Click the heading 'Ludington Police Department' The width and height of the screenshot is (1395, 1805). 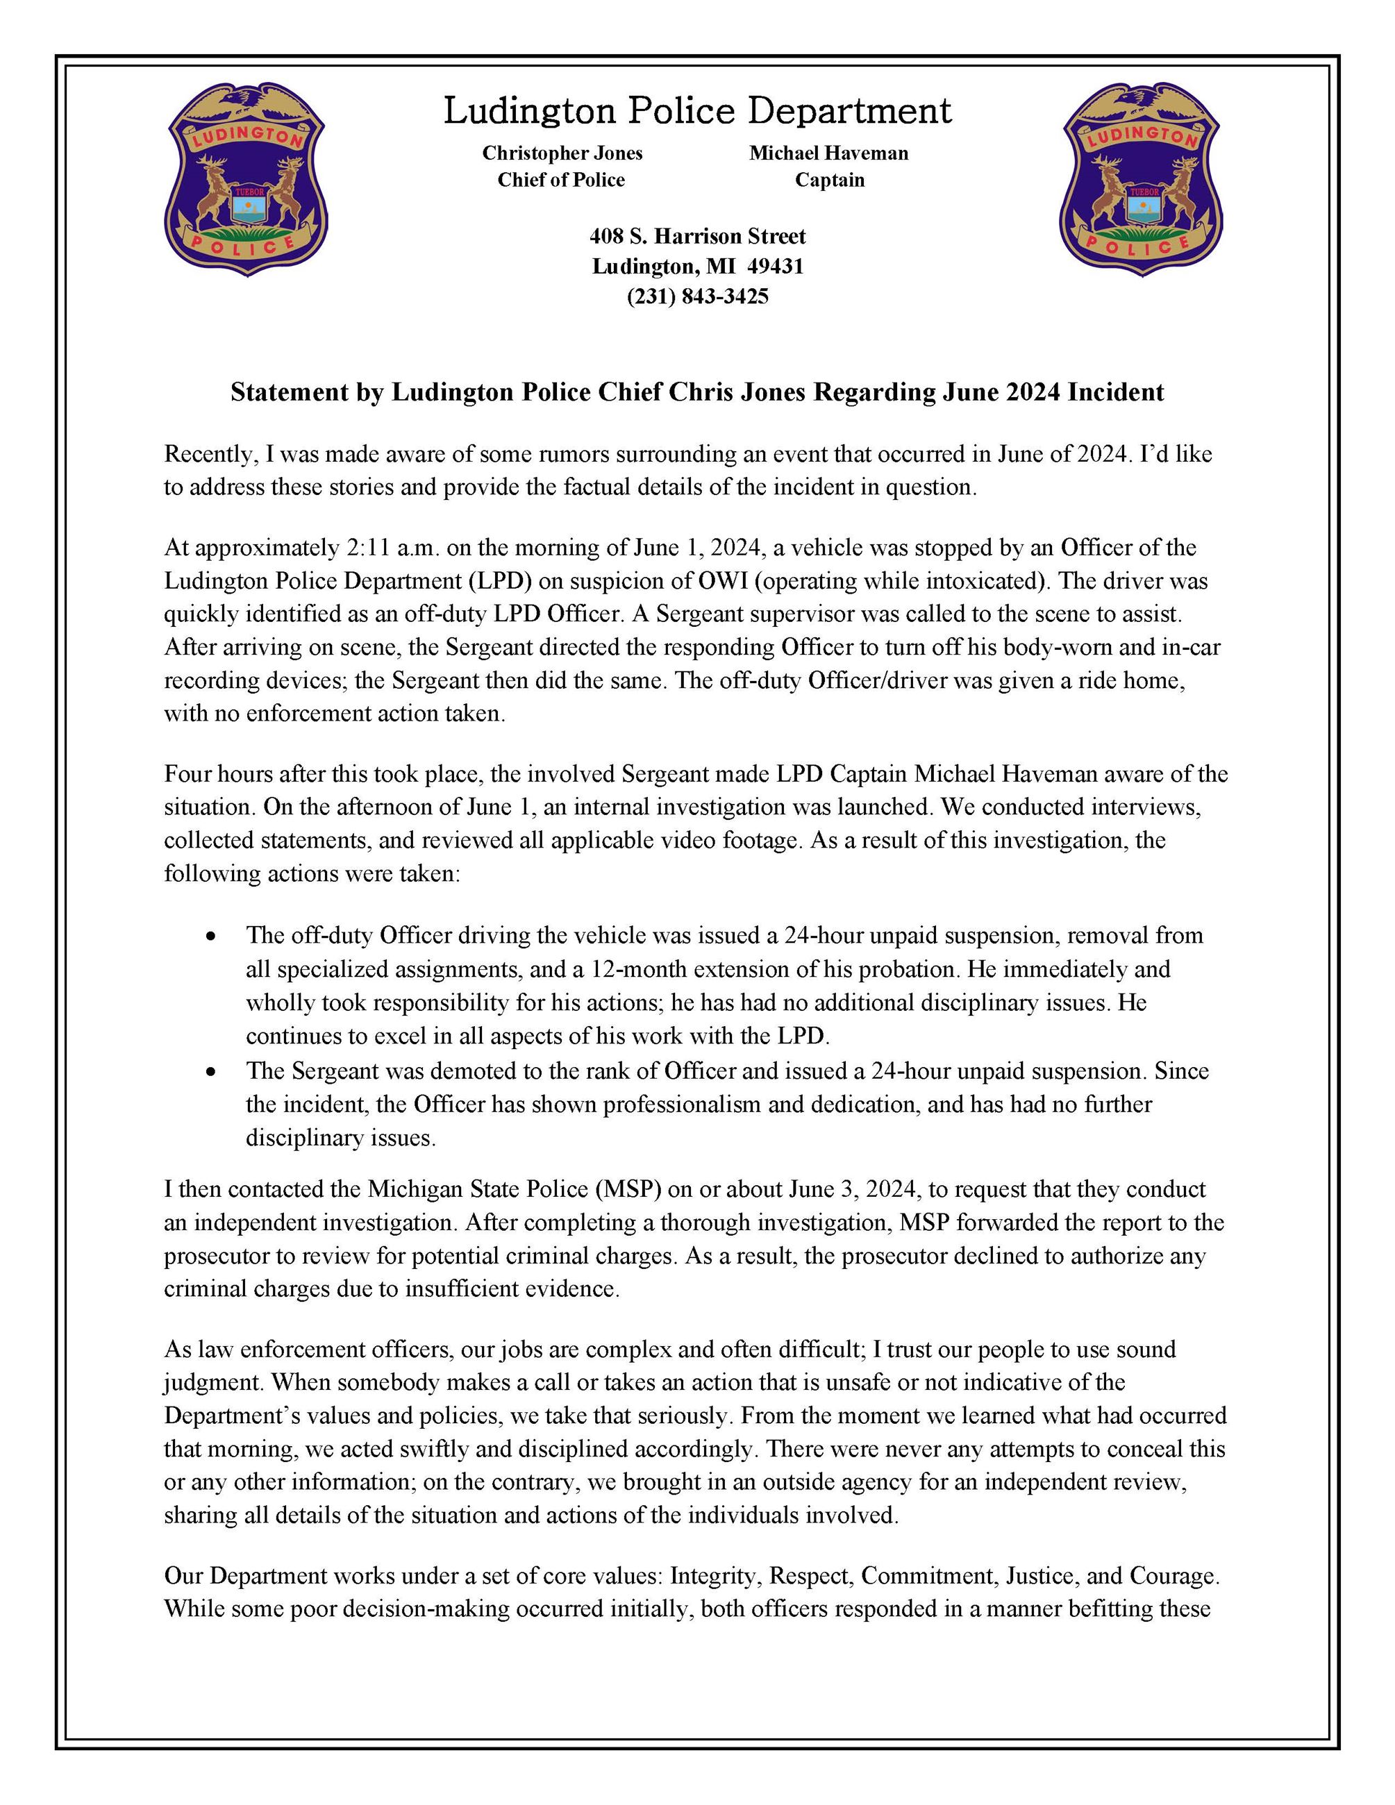(x=697, y=111)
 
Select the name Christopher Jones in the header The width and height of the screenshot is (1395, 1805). (x=562, y=153)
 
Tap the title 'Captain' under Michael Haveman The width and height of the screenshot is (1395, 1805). (x=830, y=180)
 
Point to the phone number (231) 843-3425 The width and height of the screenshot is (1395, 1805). (x=697, y=296)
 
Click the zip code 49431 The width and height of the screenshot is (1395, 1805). (x=781, y=266)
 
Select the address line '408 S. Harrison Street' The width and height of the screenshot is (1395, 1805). (x=697, y=236)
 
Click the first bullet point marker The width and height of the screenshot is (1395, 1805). (x=212, y=937)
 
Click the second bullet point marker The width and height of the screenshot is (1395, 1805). (x=212, y=1072)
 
